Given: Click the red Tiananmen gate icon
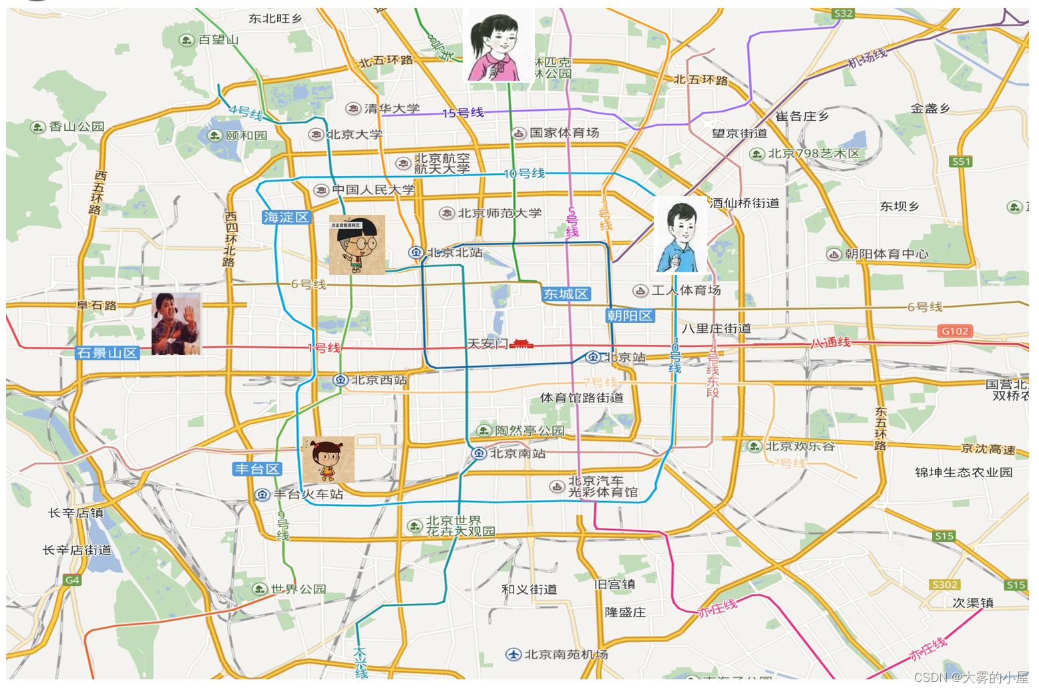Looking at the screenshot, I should pyautogui.click(x=521, y=344).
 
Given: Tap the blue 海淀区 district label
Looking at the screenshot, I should pyautogui.click(x=286, y=218).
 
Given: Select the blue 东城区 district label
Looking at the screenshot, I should pyautogui.click(x=566, y=294).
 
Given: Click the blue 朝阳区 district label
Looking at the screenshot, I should pyautogui.click(x=630, y=316).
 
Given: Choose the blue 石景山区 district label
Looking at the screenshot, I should pyautogui.click(x=108, y=353).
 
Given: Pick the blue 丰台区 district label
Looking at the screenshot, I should pyautogui.click(x=257, y=469).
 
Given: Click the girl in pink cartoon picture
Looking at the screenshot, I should pyautogui.click(x=497, y=45).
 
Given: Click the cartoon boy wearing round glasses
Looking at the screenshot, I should pyautogui.click(x=357, y=245).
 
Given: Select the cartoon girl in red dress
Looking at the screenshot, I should pyautogui.click(x=328, y=460).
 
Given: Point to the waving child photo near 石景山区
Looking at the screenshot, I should pyautogui.click(x=176, y=324).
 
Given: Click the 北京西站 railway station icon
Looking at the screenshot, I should pyautogui.click(x=341, y=380).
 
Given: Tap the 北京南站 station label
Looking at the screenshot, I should pyautogui.click(x=517, y=454).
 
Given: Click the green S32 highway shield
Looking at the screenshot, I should pyautogui.click(x=843, y=13).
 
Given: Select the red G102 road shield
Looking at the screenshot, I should pyautogui.click(x=955, y=331).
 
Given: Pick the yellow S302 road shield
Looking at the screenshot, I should pyautogui.click(x=944, y=585).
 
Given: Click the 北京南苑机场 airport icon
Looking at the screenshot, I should pyautogui.click(x=513, y=654).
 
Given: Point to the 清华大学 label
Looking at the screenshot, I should pyautogui.click(x=392, y=108).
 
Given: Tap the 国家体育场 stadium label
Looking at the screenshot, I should pyautogui.click(x=564, y=133).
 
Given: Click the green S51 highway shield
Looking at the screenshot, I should pyautogui.click(x=961, y=161).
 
